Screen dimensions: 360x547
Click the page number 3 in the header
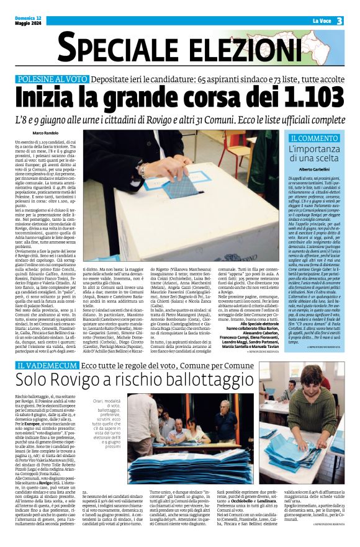[340, 21]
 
